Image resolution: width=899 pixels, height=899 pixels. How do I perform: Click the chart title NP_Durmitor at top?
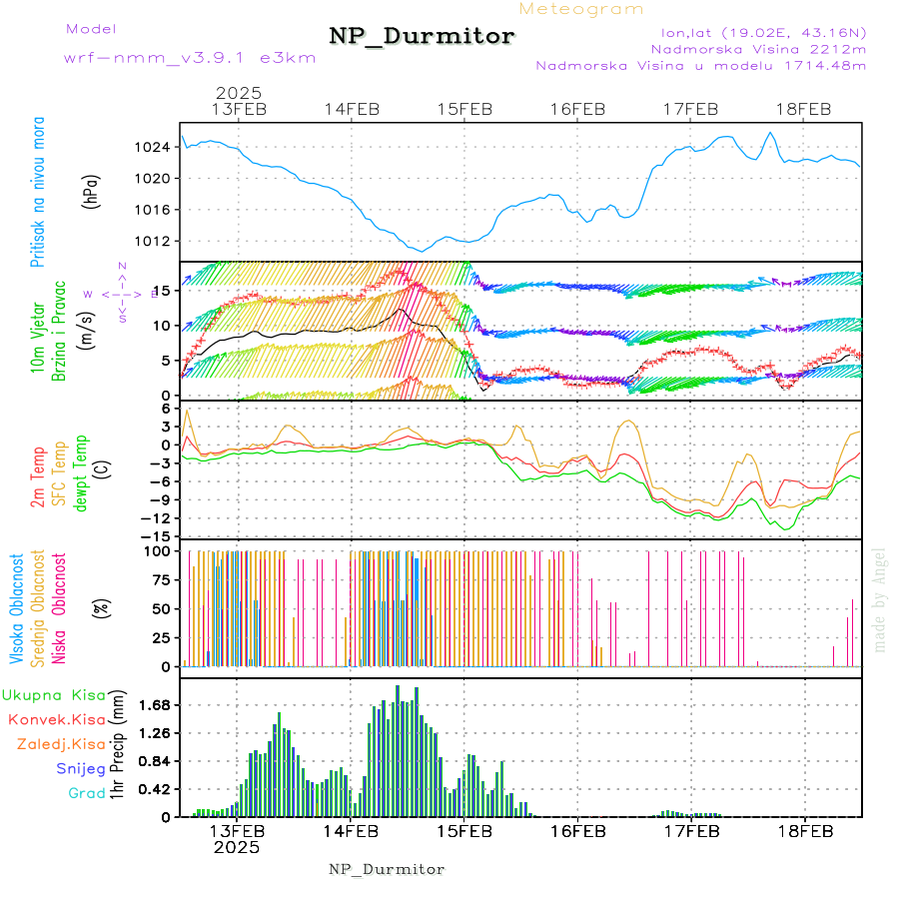(x=422, y=37)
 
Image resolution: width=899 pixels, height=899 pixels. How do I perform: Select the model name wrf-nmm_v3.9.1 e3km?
(x=190, y=58)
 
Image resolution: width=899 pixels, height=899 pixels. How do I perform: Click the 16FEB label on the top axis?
(x=578, y=109)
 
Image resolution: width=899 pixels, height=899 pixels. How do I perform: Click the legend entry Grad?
(x=86, y=793)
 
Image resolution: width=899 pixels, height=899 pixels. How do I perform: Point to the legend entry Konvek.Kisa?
(x=56, y=719)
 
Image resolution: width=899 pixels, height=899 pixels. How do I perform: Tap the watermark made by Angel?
(x=880, y=599)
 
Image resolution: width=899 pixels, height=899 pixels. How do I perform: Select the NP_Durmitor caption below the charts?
(x=387, y=869)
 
